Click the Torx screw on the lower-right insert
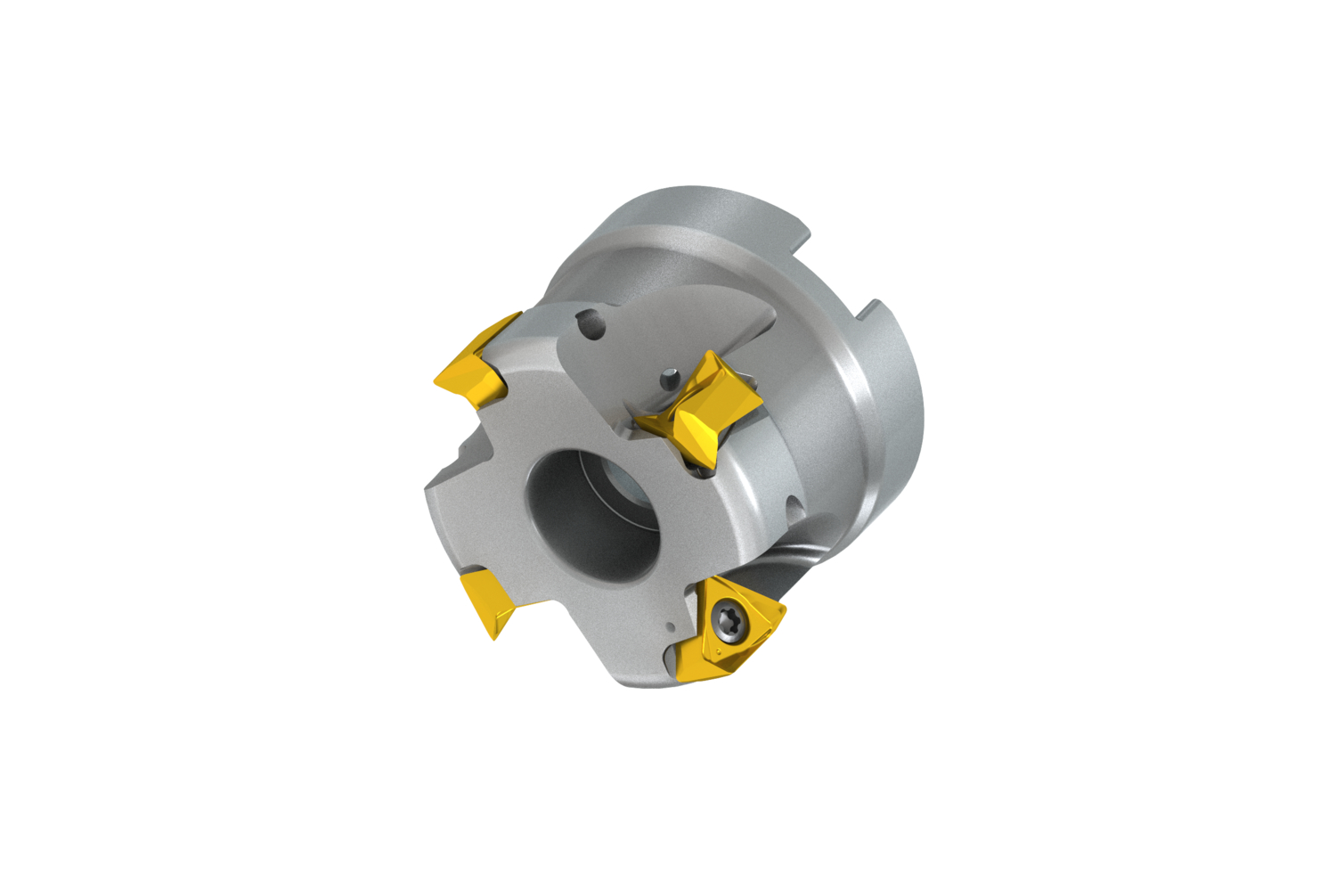tap(724, 624)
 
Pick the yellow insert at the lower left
tap(487, 599)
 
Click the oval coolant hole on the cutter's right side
tap(795, 509)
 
